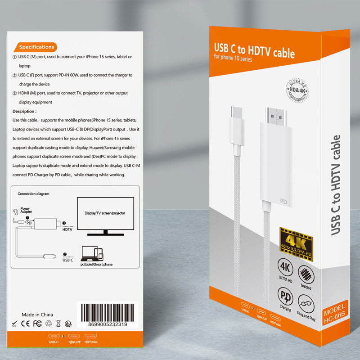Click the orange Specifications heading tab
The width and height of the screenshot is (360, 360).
coord(36,47)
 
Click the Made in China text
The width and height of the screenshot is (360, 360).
coord(38,314)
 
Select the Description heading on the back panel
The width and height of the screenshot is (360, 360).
coord(24,111)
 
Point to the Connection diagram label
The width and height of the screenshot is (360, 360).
coord(33,193)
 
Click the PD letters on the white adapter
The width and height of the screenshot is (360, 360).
coord(283,202)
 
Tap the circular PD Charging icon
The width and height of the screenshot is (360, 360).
coord(285,297)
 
